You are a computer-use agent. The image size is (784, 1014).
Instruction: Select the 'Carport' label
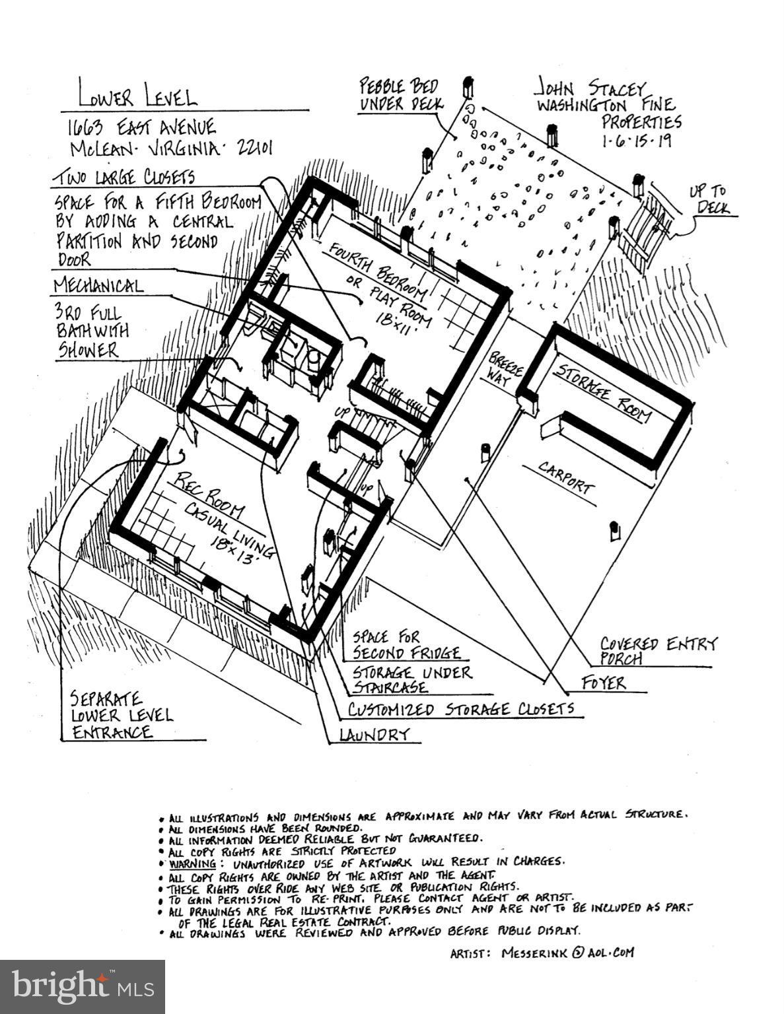coord(566,477)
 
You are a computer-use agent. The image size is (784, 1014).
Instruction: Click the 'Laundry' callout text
coord(374,734)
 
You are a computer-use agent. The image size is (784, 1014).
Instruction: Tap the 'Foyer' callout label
coord(603,683)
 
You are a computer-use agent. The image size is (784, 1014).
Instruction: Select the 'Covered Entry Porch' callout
coord(657,651)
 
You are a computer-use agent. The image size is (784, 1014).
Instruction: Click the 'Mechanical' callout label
coord(98,286)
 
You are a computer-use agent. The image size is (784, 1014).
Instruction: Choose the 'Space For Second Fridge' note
coord(405,645)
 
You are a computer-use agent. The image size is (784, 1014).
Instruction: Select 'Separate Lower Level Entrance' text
coord(122,715)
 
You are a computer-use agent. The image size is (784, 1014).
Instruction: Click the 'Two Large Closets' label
coord(125,178)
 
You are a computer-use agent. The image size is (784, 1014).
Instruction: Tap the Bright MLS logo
coord(82,986)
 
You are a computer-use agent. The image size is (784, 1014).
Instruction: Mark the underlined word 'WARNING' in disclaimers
coord(192,863)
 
